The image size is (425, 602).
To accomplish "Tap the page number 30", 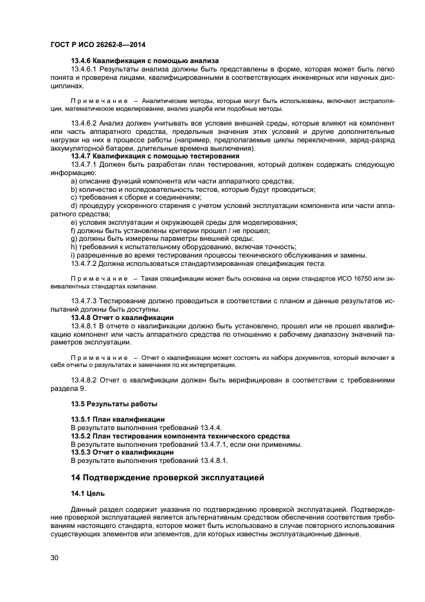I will (55, 558).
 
